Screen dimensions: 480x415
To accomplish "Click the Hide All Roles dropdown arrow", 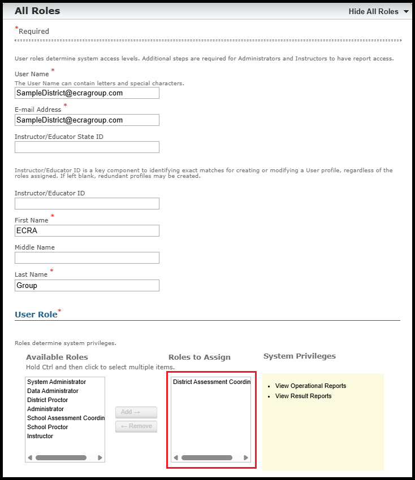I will tap(406, 12).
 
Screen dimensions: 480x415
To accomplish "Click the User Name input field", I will tap(87, 93).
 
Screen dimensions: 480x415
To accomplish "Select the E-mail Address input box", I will tap(87, 120).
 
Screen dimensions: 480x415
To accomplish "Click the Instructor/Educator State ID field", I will tap(87, 147).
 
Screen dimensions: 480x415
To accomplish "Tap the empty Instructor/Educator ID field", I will tap(87, 203).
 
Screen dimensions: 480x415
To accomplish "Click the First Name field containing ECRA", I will tap(87, 230).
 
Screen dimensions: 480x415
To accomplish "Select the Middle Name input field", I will tap(87, 258).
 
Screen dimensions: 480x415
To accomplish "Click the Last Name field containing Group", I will tap(87, 285).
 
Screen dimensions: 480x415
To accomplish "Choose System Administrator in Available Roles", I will tap(57, 382).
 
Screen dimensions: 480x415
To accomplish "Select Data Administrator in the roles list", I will tap(53, 391).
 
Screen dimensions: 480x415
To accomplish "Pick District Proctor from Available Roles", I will tap(47, 400).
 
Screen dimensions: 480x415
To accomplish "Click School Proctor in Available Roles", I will tap(47, 427).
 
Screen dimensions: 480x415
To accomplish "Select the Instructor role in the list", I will tap(40, 436).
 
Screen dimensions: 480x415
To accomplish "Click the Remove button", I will tap(136, 426).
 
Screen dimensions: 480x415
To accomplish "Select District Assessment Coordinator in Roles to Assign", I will tap(211, 382).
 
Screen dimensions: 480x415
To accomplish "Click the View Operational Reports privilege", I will tap(310, 386).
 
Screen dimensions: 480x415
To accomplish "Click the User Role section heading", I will tap(36, 315).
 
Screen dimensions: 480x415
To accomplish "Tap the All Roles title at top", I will tap(37, 11).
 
